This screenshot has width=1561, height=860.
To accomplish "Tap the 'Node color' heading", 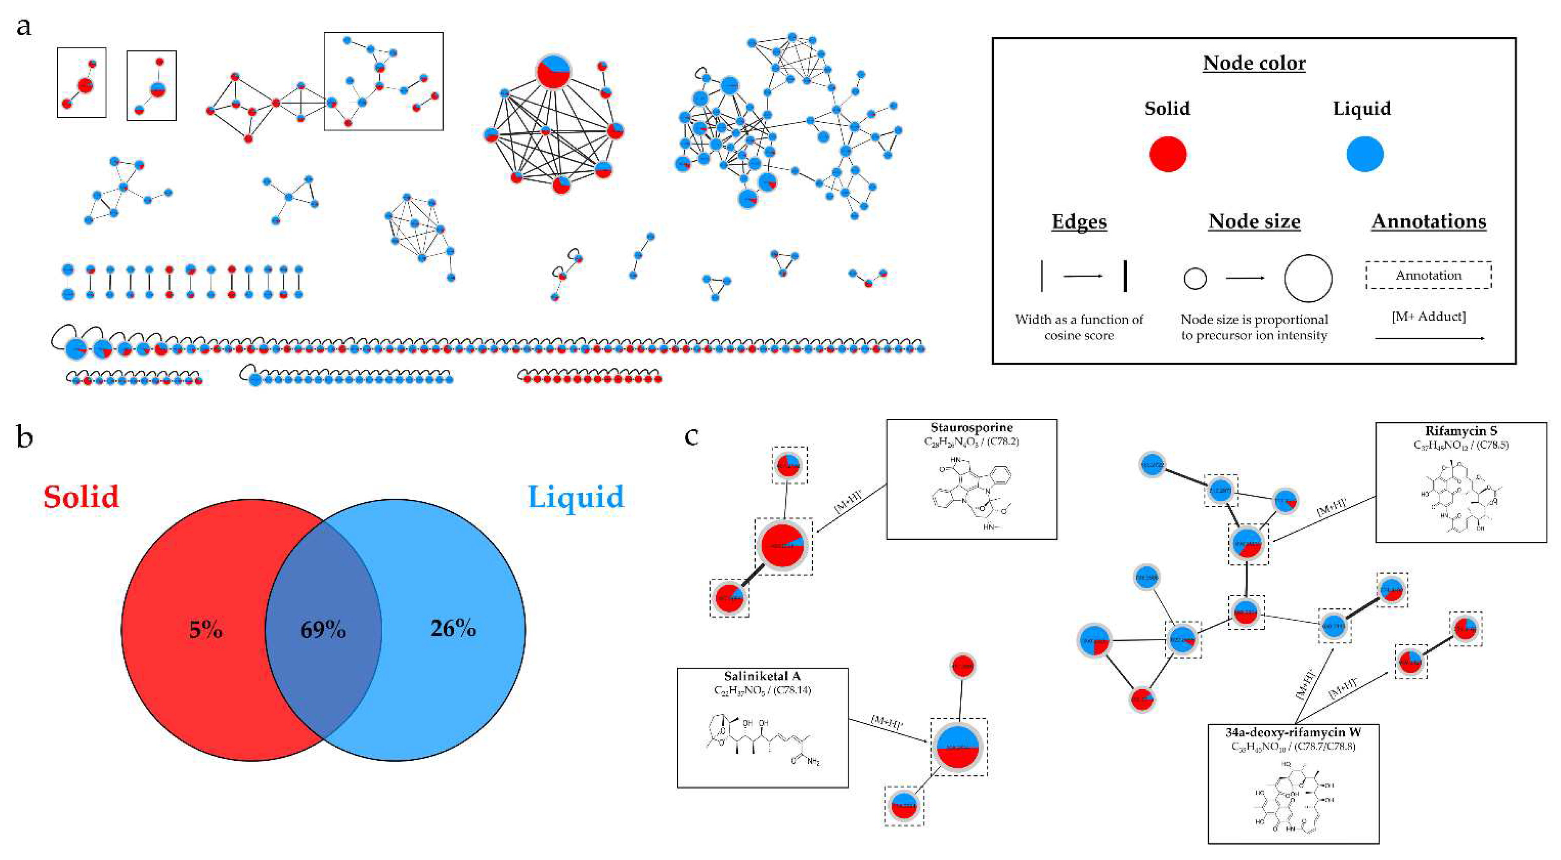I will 1254,63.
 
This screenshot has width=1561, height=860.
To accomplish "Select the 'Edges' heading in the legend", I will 1079,222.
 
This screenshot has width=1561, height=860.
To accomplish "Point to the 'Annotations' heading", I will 1428,222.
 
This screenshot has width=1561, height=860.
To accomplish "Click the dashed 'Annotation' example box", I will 1428,275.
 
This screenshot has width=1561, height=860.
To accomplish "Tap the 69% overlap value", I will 323,630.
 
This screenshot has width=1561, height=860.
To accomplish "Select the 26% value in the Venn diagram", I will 453,629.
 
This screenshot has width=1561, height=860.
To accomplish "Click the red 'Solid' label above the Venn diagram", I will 81,497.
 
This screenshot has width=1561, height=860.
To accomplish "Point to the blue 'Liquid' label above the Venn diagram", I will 575,497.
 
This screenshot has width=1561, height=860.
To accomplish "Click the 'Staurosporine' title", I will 971,427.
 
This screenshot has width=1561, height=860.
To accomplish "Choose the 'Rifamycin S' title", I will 1461,431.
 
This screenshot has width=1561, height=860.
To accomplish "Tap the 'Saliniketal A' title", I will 762,676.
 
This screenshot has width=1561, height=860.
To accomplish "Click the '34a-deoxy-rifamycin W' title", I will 1293,732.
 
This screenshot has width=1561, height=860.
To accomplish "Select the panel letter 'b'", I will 24,437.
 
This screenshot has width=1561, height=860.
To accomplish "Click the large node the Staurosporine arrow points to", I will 782,546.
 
